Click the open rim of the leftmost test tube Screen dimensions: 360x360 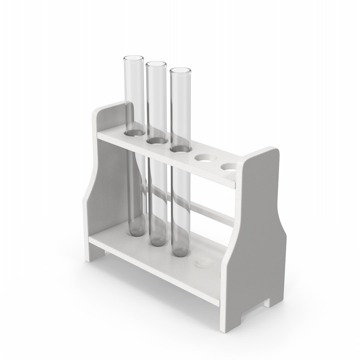pos(134,59)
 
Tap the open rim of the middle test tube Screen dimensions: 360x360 pos(156,63)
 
